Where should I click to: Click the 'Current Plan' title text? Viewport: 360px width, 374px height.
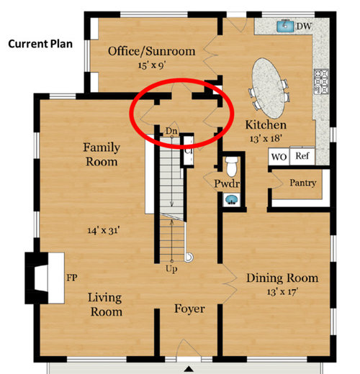[40, 44]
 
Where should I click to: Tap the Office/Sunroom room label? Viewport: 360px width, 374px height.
[152, 51]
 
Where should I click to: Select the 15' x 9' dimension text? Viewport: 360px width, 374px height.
[152, 65]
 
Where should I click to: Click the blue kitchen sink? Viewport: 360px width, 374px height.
[285, 26]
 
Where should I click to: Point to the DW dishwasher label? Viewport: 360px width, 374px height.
[304, 26]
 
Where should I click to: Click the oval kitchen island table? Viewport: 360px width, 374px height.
[269, 88]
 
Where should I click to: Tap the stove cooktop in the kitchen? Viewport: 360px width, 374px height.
[321, 81]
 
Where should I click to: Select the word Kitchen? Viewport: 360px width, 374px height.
[266, 125]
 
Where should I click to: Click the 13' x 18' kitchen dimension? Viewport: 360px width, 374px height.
[266, 139]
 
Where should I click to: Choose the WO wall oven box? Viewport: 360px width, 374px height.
[279, 157]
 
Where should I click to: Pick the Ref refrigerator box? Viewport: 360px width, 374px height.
[302, 156]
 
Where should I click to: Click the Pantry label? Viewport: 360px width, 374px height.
[303, 183]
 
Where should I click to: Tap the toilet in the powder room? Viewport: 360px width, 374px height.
[231, 166]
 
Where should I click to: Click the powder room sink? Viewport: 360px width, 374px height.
[232, 200]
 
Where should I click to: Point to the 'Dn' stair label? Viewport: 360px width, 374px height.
[171, 131]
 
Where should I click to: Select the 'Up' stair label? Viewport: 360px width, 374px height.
[171, 269]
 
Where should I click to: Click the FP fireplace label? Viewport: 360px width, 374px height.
[72, 278]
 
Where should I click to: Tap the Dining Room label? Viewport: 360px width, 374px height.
[282, 278]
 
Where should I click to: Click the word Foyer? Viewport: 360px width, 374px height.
[189, 309]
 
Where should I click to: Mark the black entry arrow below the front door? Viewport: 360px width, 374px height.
[189, 369]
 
